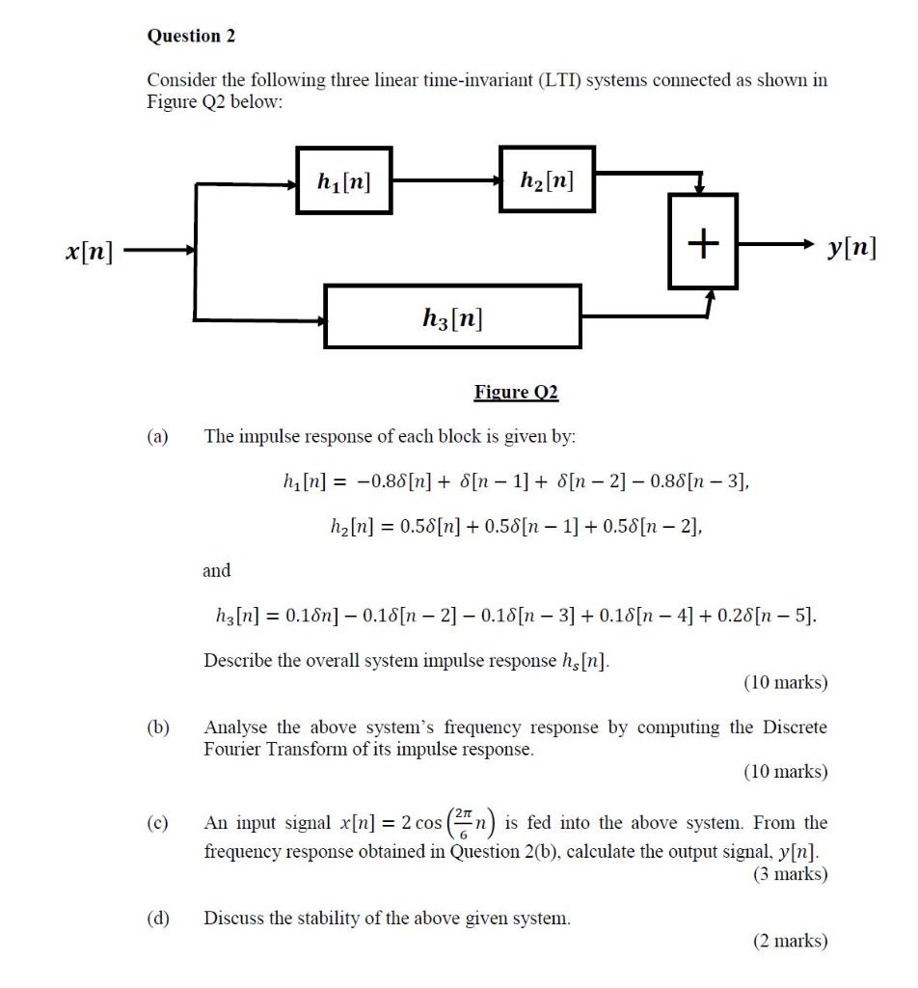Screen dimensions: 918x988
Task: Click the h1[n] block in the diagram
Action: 344,180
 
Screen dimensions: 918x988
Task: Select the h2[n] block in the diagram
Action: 547,179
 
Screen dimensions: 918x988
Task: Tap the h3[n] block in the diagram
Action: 452,316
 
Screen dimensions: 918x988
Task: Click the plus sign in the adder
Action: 704,242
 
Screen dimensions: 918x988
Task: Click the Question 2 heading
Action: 191,36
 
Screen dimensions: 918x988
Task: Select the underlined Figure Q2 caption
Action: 516,392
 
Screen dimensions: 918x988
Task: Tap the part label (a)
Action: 157,436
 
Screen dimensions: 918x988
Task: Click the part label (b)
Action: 157,727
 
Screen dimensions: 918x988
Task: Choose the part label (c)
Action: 157,824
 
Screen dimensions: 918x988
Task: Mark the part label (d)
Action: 157,919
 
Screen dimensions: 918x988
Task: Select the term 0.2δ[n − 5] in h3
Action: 769,616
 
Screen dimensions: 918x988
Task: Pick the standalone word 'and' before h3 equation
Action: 217,570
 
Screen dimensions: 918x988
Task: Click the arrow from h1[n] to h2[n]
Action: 447,180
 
